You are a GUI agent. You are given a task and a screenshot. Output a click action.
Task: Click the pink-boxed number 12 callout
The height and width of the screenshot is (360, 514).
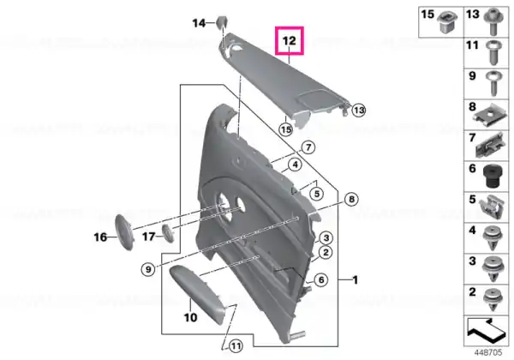point(290,40)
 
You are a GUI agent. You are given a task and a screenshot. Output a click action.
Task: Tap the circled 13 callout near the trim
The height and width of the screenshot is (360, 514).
point(359,110)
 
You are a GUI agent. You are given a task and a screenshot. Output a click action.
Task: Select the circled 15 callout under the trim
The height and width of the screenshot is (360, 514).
point(286,129)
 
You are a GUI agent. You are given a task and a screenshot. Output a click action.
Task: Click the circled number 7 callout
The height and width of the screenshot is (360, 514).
point(308,147)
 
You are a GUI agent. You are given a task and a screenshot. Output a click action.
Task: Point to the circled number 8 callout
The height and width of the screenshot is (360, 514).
point(351,199)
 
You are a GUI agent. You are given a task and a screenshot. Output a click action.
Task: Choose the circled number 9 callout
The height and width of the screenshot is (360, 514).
point(148,269)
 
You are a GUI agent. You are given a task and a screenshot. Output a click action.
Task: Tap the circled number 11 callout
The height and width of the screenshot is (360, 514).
point(236,345)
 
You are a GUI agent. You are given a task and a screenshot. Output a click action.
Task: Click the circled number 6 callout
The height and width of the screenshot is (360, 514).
point(321,279)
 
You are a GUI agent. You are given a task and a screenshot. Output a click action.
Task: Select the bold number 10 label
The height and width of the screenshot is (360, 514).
point(190,317)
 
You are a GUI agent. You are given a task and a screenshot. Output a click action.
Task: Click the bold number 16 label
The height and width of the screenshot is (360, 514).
point(100,237)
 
